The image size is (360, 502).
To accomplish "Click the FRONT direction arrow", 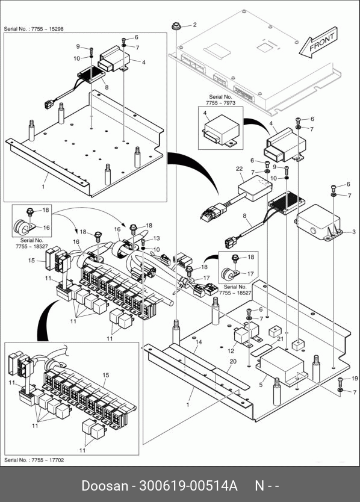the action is click(318, 43).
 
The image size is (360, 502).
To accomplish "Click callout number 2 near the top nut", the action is click(194, 25).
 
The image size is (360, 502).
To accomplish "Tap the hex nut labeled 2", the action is click(176, 26).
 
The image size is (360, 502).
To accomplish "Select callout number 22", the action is click(239, 169).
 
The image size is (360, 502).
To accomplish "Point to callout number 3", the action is click(353, 232).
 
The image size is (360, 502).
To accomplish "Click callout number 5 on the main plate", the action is click(261, 385).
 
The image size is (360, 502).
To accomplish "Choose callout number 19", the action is click(355, 379).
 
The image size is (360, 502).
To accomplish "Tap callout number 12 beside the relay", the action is click(231, 350).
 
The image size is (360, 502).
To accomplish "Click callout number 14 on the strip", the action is click(199, 342).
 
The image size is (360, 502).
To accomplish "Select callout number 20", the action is click(233, 361).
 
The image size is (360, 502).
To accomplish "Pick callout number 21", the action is click(281, 339).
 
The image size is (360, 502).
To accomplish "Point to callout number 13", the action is click(157, 238).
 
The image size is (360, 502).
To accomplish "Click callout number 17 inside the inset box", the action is click(250, 274).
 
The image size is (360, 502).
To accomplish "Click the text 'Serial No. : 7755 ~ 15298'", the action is click(34, 29).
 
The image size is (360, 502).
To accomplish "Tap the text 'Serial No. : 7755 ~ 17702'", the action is click(34, 460).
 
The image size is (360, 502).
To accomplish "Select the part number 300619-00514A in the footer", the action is click(188, 486).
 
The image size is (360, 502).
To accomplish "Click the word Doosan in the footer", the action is click(104, 486).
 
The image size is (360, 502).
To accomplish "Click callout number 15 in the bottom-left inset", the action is click(106, 375).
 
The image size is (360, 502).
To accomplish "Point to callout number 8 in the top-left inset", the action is click(107, 87).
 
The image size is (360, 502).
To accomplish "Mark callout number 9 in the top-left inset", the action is click(78, 47).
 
